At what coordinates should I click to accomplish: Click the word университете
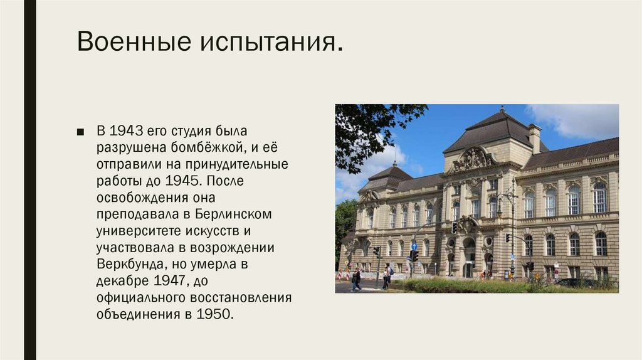[137, 231]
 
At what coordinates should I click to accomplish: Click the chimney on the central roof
[534, 138]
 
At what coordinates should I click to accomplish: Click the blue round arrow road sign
[414, 247]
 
